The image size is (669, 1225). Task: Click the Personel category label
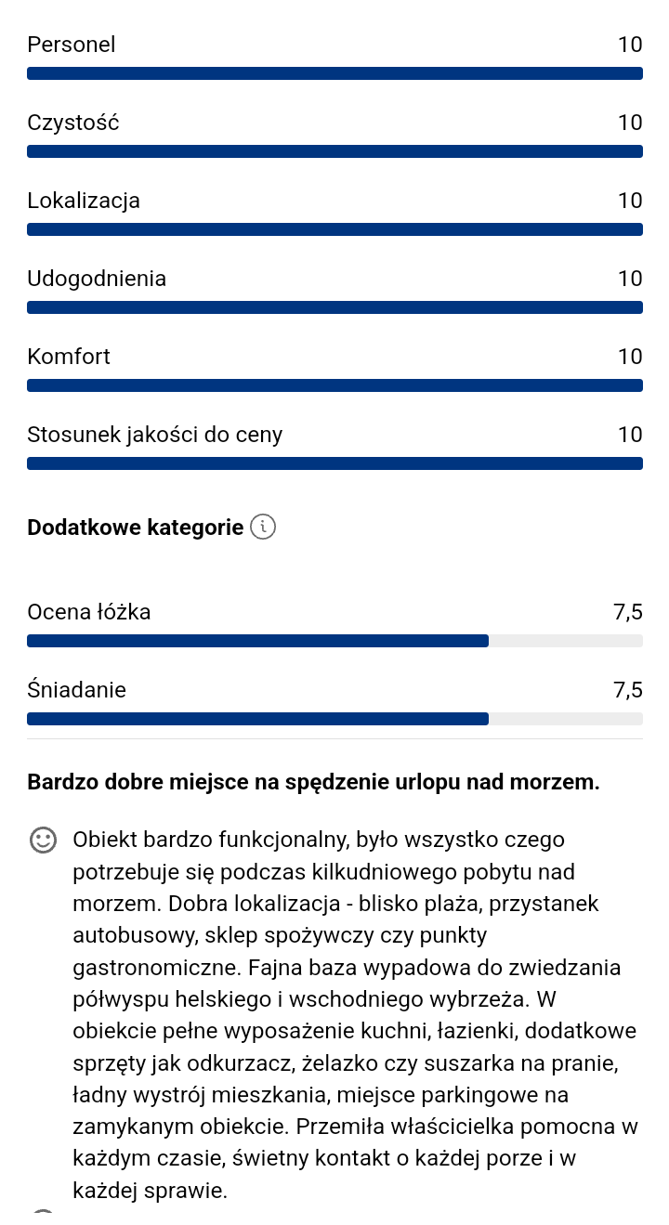pyautogui.click(x=72, y=45)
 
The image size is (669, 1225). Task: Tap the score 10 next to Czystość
pyautogui.click(x=630, y=123)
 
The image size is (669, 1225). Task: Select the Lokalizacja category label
pyautogui.click(x=84, y=201)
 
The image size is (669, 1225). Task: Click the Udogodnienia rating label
pyautogui.click(x=97, y=279)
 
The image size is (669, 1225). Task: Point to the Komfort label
pyautogui.click(x=69, y=357)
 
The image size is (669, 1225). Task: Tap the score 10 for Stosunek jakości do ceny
pyautogui.click(x=630, y=435)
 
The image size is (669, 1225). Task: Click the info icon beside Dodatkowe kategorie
pyautogui.click(x=264, y=528)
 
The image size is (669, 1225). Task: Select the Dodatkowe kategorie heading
pyautogui.click(x=135, y=528)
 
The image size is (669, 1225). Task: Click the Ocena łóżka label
pyautogui.click(x=89, y=612)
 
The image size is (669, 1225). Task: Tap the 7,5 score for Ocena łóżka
pyautogui.click(x=627, y=612)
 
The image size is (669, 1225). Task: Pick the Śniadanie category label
pyautogui.click(x=76, y=690)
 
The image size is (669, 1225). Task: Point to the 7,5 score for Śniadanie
pyautogui.click(x=627, y=690)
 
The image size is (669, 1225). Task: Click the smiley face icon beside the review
pyautogui.click(x=43, y=840)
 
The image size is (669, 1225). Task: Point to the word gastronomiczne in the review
pyautogui.click(x=156, y=968)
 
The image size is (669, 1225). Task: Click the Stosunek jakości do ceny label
pyautogui.click(x=154, y=435)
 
